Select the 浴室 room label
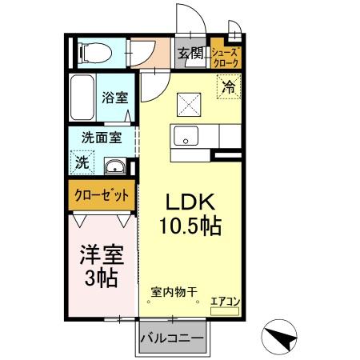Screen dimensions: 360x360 [x=118, y=98]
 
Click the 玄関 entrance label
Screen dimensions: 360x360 [x=190, y=54]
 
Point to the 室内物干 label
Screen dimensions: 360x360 [x=174, y=293]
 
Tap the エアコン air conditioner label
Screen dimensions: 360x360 [x=226, y=302]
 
